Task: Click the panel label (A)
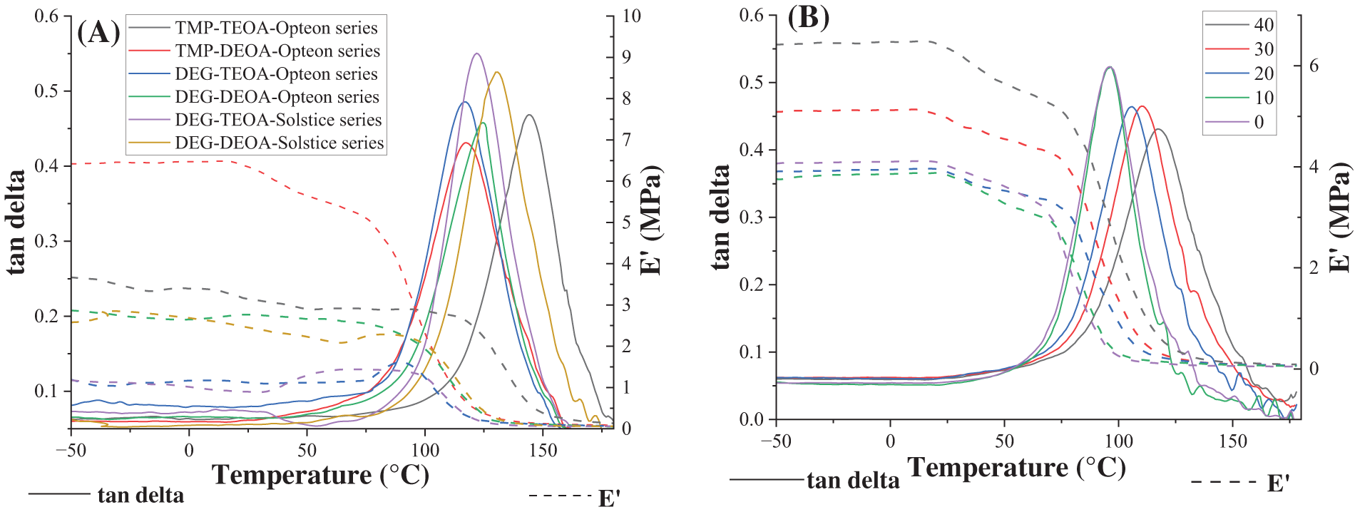98,33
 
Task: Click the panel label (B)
808,18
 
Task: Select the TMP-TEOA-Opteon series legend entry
276,28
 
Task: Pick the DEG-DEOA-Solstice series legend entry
279,143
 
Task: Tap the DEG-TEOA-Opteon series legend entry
276,74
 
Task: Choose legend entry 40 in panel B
1263,25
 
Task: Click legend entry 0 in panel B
1259,122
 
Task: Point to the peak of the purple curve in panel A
476,53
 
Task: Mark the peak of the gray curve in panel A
529,115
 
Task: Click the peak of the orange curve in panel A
497,72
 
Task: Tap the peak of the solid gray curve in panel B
1158,129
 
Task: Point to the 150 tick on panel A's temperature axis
543,450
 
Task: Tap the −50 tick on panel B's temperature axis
775,441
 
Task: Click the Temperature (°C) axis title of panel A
320,475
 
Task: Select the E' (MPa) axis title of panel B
1340,217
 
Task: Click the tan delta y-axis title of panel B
721,217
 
